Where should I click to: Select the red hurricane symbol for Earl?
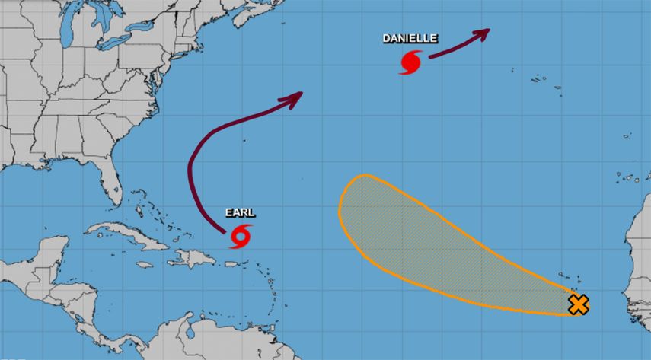tap(241, 237)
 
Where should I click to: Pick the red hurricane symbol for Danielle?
tap(410, 62)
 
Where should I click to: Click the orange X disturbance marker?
tap(579, 305)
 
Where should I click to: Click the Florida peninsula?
tap(114, 179)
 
